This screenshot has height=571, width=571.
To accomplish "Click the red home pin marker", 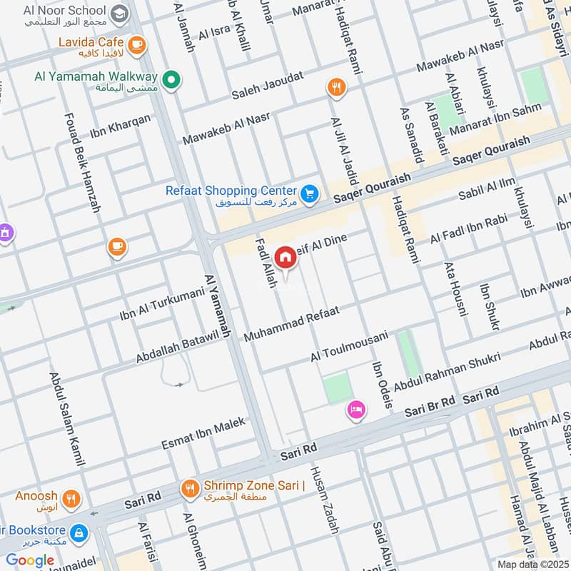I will pos(285,257).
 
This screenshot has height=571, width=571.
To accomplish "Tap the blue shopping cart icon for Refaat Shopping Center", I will pos(309,194).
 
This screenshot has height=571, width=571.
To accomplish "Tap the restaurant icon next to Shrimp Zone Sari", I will pos(190,489).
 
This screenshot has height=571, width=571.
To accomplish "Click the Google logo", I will pos(30,560).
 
